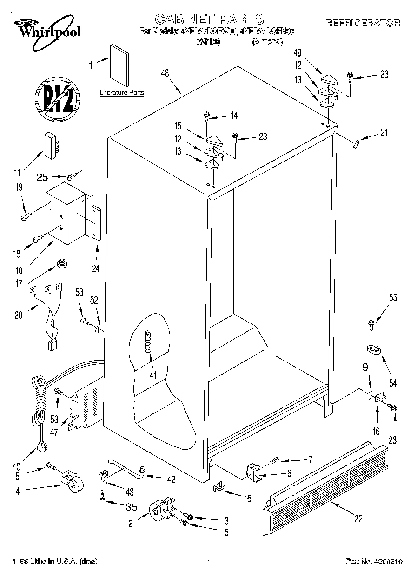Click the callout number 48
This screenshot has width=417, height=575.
[x=165, y=73]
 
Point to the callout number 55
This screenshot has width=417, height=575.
[x=393, y=298]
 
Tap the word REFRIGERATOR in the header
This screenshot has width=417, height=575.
[x=363, y=23]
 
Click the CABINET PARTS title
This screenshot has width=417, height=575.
[x=209, y=19]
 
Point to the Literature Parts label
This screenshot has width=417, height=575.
[x=122, y=93]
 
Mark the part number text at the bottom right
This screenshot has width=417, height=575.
[x=374, y=562]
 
